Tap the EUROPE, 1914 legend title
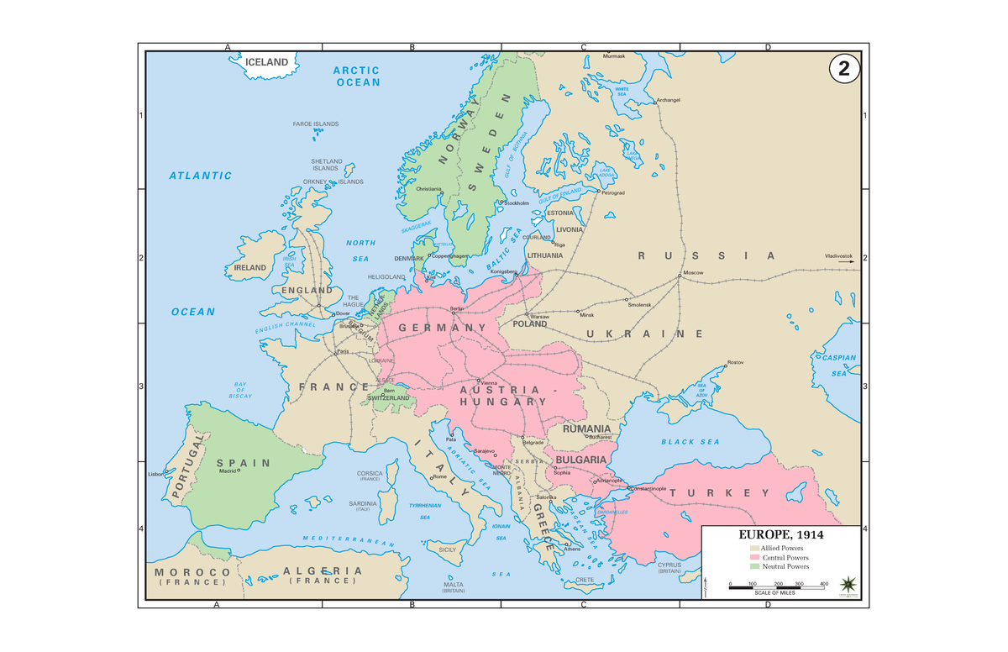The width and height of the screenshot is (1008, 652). coord(780,534)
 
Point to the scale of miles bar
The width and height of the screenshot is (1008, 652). coord(776,587)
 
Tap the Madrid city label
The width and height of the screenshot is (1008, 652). coord(227,471)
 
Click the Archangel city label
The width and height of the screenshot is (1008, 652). coord(669,99)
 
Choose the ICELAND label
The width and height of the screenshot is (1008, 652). coord(266,62)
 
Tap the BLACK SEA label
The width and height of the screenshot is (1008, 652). coord(690,442)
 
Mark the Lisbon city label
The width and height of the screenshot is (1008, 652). coord(155,475)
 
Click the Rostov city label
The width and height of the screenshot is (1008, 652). coord(736,361)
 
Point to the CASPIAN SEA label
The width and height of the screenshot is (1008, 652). coord(838,365)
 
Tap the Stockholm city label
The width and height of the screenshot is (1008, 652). coord(516,202)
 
